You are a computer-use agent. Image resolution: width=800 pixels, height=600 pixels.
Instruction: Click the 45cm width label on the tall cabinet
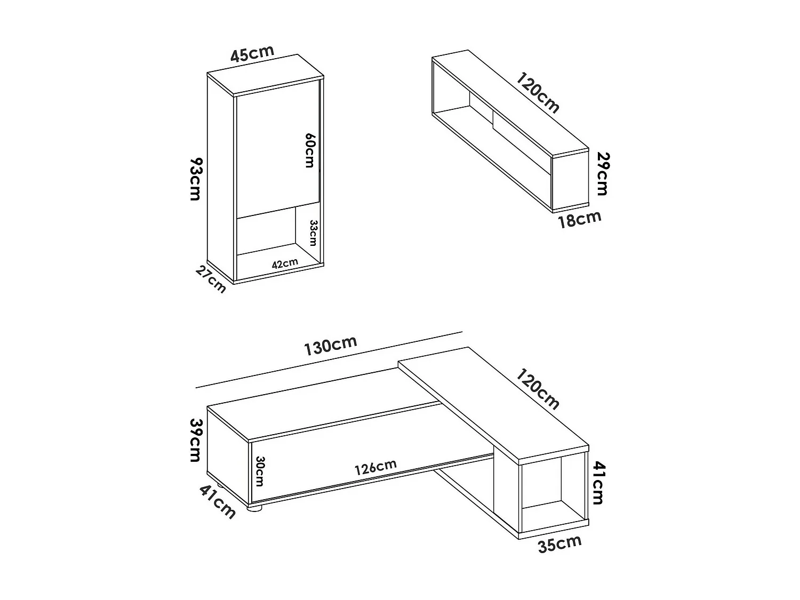pyautogui.click(x=252, y=54)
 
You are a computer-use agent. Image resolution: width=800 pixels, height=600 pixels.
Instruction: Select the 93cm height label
pyautogui.click(x=195, y=179)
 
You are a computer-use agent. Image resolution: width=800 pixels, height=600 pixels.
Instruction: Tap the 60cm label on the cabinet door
pyautogui.click(x=309, y=150)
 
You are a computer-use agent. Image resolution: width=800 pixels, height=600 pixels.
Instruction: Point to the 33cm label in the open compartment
pyautogui.click(x=313, y=233)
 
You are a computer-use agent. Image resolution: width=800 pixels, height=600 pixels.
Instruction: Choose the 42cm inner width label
pyautogui.click(x=285, y=263)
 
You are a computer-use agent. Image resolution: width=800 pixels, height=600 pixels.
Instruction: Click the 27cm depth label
pyautogui.click(x=211, y=279)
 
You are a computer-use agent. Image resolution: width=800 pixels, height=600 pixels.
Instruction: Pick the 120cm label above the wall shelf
pyautogui.click(x=538, y=93)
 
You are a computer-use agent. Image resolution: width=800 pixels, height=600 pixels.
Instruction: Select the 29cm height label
pyautogui.click(x=603, y=174)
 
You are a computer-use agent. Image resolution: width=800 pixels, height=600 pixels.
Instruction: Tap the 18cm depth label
pyautogui.click(x=579, y=219)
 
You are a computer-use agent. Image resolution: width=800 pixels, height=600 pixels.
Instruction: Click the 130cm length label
pyautogui.click(x=330, y=346)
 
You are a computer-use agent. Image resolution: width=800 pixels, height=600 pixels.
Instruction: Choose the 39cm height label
pyautogui.click(x=195, y=440)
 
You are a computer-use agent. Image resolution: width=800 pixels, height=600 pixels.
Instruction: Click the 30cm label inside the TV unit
pyautogui.click(x=260, y=471)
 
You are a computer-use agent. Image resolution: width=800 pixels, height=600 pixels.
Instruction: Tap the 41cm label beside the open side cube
pyautogui.click(x=598, y=483)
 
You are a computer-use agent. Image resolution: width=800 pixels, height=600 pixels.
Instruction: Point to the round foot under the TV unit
pyautogui.click(x=255, y=509)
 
